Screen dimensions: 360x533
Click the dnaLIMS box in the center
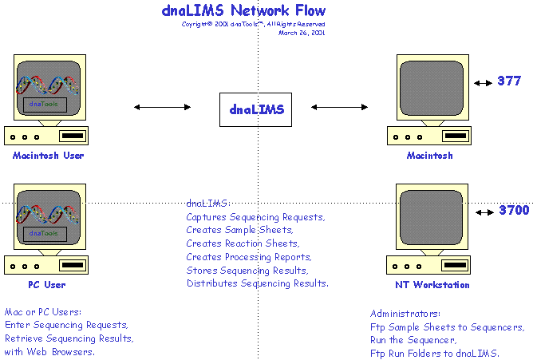click(x=256, y=109)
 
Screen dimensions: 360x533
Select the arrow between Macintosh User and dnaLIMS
click(x=162, y=107)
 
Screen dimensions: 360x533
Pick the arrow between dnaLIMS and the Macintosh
click(x=340, y=107)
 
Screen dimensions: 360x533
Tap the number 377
click(x=508, y=81)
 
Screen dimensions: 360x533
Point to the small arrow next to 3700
click(x=485, y=212)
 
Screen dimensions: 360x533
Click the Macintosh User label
click(x=48, y=156)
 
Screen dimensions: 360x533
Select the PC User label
click(x=47, y=284)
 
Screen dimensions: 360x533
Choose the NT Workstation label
click(x=432, y=284)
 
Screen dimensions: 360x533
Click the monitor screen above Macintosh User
click(x=48, y=89)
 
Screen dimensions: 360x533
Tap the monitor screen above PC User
click(x=48, y=216)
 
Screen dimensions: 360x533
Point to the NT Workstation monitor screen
click(x=432, y=217)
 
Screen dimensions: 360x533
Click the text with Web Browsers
click(x=50, y=351)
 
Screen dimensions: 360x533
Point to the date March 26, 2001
click(x=302, y=33)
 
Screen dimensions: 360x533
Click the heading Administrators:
click(x=405, y=314)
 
